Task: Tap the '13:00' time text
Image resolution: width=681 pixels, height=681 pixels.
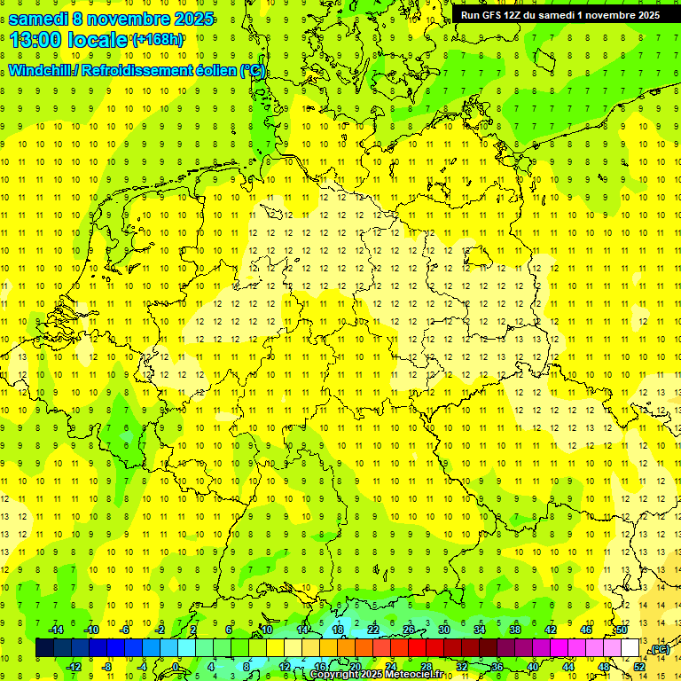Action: pos(35,39)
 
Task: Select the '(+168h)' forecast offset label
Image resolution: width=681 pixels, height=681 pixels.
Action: pos(158,39)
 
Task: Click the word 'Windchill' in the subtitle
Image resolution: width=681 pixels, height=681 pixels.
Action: pos(43,71)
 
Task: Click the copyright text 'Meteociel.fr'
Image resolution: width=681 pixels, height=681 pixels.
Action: pos(409,675)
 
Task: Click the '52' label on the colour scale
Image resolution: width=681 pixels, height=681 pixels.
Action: pos(638,666)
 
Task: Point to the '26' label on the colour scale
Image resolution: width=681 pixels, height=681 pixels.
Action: pos(409,630)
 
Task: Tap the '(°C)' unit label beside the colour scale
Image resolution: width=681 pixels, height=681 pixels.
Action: pos(658,649)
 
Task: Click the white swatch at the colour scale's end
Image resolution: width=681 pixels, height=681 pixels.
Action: pos(630,648)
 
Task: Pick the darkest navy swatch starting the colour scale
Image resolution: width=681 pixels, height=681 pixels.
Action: pos(44,648)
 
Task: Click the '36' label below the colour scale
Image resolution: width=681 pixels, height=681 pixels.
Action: pos(497,666)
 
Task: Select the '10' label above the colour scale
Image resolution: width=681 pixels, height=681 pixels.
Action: pos(267,630)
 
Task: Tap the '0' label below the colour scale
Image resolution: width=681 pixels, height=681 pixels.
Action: pos(177,666)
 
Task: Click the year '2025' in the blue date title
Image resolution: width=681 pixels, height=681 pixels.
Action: pos(193,18)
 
